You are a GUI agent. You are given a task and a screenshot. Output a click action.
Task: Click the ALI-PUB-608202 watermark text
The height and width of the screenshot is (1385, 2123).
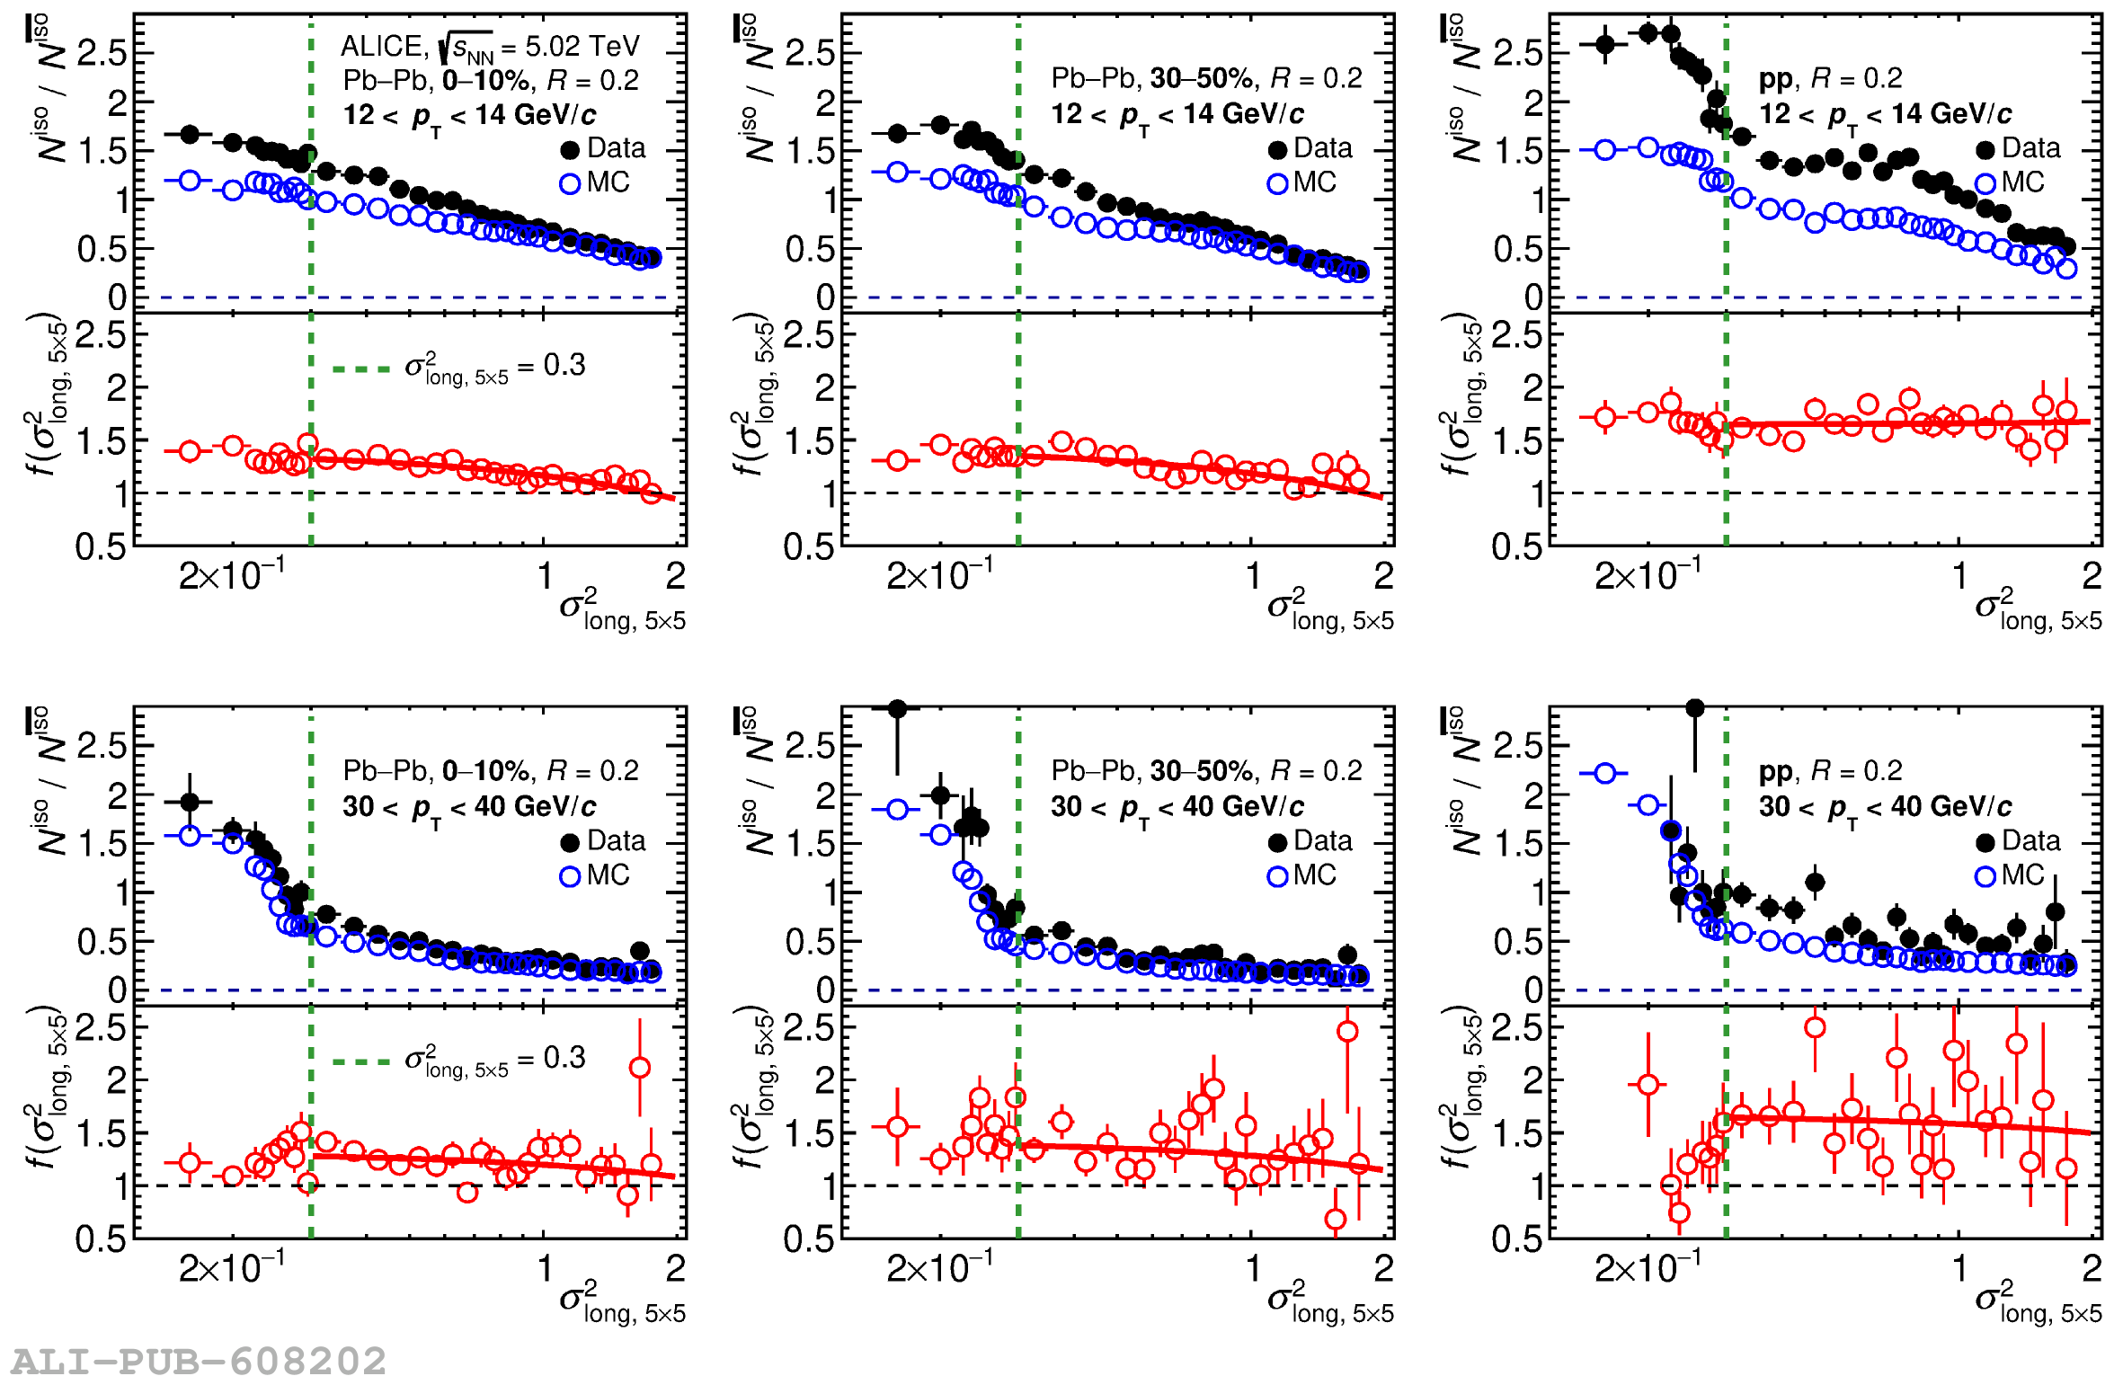point(199,1361)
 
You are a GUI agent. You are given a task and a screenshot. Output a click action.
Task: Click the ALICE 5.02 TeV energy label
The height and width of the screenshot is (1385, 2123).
point(490,46)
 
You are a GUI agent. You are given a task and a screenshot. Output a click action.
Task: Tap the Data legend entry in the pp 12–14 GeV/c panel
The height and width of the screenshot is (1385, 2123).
point(2019,148)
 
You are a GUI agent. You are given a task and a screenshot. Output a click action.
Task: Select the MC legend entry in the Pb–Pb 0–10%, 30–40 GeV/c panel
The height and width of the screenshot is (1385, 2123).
point(595,875)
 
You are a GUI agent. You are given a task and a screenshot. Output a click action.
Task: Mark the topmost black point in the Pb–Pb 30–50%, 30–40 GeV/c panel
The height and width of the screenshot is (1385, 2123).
point(897,709)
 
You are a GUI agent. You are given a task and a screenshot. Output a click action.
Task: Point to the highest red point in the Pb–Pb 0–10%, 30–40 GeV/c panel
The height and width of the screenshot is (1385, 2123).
point(640,1068)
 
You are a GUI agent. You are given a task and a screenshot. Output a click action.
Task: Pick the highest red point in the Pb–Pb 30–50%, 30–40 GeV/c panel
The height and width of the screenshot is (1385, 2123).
point(1347,1031)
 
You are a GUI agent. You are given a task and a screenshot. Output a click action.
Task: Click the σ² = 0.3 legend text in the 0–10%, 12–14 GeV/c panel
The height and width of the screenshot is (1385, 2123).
point(493,367)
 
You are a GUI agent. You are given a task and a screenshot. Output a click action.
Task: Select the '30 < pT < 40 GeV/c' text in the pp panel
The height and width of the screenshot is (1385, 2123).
point(1885,806)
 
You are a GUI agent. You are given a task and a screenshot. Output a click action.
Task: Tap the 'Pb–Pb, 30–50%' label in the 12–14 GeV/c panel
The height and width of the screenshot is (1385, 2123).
point(1152,79)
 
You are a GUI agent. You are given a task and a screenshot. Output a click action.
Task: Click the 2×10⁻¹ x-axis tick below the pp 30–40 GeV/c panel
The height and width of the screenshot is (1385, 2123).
point(1647,1269)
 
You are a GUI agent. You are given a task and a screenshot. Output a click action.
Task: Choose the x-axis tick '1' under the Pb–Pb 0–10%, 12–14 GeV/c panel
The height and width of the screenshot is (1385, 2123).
point(545,576)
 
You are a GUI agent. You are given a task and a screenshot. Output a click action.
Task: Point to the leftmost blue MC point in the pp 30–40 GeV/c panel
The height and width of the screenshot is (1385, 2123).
point(1605,773)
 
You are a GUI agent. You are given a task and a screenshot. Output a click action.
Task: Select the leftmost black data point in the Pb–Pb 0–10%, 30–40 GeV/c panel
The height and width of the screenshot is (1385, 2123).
point(190,801)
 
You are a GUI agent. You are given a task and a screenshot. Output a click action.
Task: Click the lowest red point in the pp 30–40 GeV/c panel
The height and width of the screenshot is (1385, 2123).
point(1679,1212)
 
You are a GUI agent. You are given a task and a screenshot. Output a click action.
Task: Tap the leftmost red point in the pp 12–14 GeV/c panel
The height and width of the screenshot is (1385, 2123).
point(1605,417)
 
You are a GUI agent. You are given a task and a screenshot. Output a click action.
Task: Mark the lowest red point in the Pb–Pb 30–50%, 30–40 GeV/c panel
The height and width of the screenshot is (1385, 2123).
point(1336,1219)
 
